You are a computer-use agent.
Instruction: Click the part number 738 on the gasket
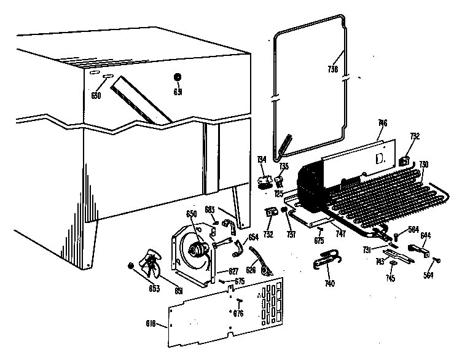tap(333, 69)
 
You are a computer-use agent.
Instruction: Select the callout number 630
tap(96, 95)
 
